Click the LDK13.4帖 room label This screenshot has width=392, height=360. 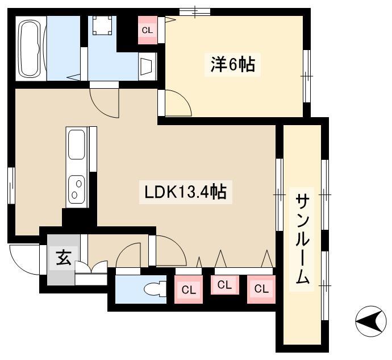[186, 192]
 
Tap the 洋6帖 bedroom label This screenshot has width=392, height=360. [232, 65]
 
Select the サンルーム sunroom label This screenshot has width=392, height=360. [302, 239]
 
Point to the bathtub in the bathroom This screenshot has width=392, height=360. [30, 48]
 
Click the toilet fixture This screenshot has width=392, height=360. [155, 289]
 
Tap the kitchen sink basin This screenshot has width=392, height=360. [76, 144]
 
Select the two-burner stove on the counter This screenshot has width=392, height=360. [77, 189]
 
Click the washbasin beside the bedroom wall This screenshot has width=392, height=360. [147, 67]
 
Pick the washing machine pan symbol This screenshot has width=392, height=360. [102, 25]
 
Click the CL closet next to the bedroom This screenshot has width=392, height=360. [148, 30]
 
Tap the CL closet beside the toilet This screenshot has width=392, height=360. [189, 289]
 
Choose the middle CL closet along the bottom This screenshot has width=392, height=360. [225, 285]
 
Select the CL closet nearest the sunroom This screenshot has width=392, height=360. [261, 289]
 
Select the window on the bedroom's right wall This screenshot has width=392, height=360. [307, 76]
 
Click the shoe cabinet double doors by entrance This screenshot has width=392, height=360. [91, 267]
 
